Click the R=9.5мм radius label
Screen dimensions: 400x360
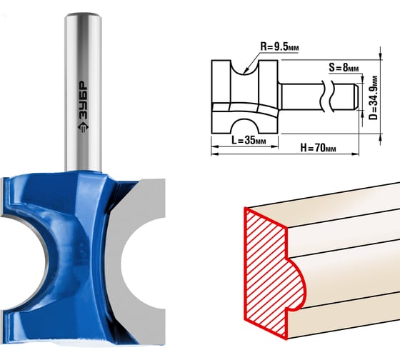[x=279, y=47]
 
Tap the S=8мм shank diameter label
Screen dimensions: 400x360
[x=344, y=68]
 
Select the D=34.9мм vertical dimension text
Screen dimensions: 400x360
[x=373, y=98]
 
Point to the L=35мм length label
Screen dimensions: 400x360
[x=249, y=140]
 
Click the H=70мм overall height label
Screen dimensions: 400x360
[x=318, y=147]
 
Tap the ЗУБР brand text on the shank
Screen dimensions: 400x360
[x=83, y=100]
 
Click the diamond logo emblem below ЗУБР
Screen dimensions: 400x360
[x=83, y=127]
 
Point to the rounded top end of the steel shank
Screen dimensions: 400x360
[x=83, y=15]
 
